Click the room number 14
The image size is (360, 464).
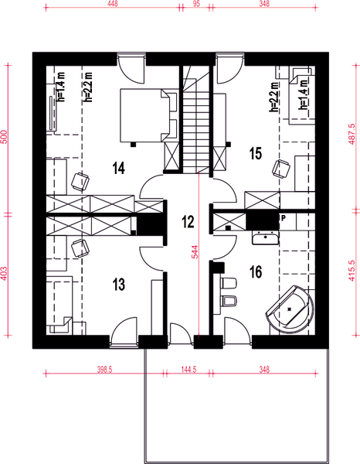[118, 168]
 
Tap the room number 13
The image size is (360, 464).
[118, 285]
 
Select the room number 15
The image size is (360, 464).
[256, 154]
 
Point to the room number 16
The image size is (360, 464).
[256, 271]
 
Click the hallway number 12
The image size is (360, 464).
[188, 222]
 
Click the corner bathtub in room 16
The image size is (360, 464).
[290, 309]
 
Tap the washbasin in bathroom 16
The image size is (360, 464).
[266, 238]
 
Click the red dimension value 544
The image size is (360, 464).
[195, 252]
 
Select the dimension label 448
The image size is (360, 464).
[113, 4]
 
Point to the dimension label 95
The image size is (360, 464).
[196, 4]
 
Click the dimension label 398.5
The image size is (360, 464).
[104, 370]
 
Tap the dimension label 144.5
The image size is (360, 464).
[188, 370]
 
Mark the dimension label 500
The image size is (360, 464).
[5, 137]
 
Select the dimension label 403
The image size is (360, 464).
[5, 274]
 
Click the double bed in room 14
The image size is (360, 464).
[148, 115]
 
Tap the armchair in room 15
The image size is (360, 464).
[280, 169]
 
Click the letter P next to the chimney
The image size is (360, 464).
[284, 218]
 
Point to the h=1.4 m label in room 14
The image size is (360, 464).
[62, 87]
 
